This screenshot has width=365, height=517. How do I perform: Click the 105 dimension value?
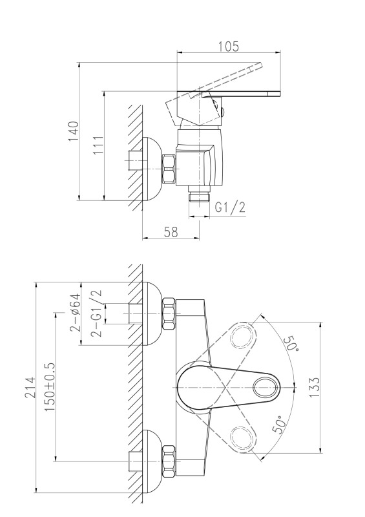228,46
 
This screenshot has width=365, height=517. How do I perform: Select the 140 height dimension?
74,131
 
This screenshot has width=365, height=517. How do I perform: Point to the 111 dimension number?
98,145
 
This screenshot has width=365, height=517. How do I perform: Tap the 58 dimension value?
171,232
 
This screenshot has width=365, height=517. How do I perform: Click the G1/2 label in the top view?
231,207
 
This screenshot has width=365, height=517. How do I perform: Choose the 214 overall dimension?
30,387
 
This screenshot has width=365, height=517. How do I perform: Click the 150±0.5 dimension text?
50,386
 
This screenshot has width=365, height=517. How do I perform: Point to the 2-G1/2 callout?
97,313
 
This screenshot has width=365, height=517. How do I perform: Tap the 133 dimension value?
315,387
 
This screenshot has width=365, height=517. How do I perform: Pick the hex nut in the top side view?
169,169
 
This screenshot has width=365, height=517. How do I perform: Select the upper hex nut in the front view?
169,313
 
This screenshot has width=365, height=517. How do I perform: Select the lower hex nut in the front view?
169,461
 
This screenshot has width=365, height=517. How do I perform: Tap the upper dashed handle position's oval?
244,337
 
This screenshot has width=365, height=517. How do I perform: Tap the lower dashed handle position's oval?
244,438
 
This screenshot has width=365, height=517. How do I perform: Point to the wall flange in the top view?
151,169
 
